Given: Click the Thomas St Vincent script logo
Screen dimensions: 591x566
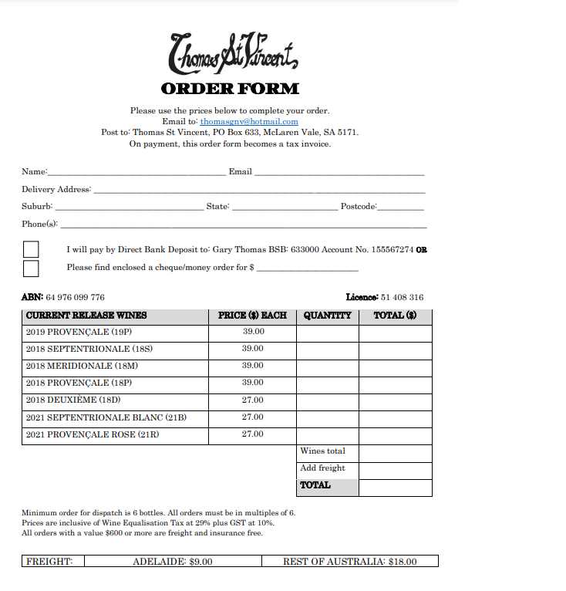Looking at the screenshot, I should (x=231, y=53).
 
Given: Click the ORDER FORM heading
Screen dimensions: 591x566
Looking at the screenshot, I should (x=231, y=89).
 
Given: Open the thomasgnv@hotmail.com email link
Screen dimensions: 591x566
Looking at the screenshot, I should (x=249, y=122).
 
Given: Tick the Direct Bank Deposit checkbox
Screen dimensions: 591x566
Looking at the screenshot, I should (x=31, y=250).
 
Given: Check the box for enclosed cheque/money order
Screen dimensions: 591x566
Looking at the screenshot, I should (x=31, y=268).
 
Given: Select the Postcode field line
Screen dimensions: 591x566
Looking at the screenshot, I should (x=400, y=208).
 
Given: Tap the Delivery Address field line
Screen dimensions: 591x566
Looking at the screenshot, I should (x=258, y=191).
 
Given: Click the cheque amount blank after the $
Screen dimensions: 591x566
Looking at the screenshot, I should (x=308, y=269).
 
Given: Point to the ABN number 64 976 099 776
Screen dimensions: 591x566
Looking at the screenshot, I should (x=75, y=298).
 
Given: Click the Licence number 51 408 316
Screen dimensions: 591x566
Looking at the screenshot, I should (x=402, y=298).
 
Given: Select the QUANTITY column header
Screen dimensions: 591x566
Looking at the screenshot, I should (x=327, y=316).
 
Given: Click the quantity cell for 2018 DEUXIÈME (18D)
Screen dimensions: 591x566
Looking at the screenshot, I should (x=327, y=401).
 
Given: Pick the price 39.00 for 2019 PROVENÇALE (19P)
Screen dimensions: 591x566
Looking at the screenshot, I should (x=253, y=332).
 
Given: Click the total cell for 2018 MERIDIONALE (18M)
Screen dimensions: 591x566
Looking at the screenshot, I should (x=395, y=366).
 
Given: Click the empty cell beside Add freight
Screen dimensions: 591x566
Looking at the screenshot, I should (x=395, y=469).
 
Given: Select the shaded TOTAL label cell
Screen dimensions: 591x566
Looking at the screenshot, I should (x=327, y=486).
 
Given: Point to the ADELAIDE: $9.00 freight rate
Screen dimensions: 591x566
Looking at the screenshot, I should (x=173, y=562).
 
